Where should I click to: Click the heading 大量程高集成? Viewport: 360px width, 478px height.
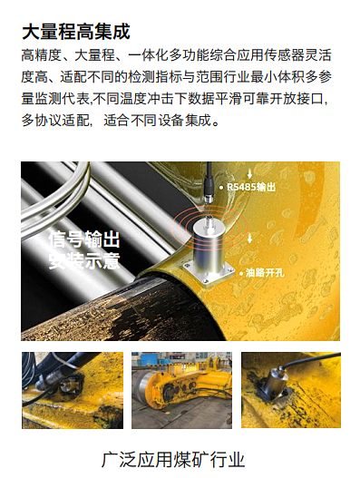click(70, 33)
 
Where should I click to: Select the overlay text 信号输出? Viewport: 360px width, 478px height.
click(83, 239)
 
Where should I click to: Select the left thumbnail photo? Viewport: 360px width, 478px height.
click(73, 389)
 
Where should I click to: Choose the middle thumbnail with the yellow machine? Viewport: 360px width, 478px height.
click(181, 389)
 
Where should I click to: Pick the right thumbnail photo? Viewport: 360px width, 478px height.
click(290, 389)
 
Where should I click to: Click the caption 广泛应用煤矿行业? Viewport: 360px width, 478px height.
click(180, 459)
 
